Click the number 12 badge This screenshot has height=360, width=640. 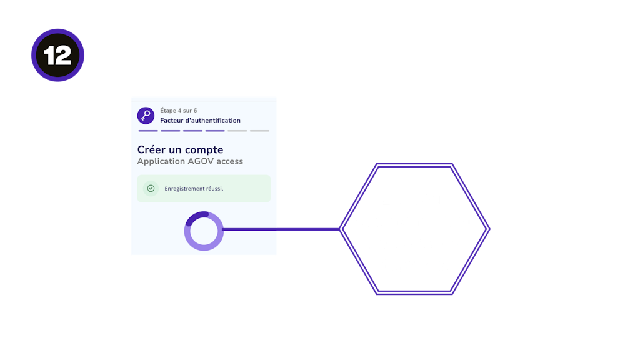[x=57, y=56]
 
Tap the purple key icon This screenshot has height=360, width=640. [x=146, y=116]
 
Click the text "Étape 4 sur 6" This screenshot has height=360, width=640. [x=179, y=111]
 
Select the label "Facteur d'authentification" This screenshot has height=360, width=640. [x=200, y=121]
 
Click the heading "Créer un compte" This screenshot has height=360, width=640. [x=180, y=150]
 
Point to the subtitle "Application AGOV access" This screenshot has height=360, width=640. [x=190, y=161]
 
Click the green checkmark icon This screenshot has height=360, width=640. [x=151, y=188]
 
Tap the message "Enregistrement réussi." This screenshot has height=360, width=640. [x=194, y=189]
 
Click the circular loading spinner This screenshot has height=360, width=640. [x=204, y=231]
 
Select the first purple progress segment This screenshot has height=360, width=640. [x=148, y=131]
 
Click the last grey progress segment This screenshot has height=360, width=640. [x=259, y=131]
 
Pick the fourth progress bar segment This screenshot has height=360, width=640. [x=215, y=131]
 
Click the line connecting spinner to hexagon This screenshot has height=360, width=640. [x=281, y=229]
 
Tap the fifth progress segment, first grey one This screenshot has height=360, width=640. [x=237, y=131]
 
